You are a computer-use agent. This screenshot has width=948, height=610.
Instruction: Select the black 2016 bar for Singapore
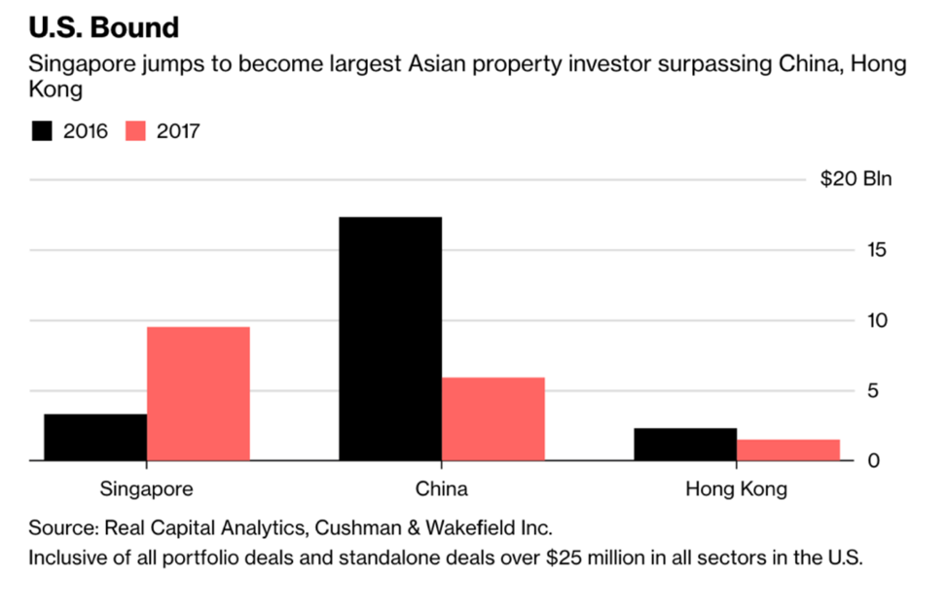coord(95,437)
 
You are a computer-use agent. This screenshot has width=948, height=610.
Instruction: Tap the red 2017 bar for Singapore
coord(199,393)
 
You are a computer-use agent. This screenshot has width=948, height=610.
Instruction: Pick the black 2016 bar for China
coord(389,338)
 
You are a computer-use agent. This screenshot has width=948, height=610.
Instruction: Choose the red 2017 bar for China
coord(492,418)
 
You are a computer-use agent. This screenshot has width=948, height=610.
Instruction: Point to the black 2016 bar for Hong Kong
coord(685,444)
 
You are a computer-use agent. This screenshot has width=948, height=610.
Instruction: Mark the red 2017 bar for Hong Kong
coord(787,449)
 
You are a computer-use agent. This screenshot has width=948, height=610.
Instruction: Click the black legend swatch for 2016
coord(42,130)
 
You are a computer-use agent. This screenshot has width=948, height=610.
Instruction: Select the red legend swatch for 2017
coord(135,130)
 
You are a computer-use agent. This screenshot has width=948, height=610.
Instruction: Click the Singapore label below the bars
coord(146,488)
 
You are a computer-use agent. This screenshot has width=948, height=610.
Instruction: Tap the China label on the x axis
coord(441,488)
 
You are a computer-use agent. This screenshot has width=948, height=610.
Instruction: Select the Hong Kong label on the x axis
coord(736,489)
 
